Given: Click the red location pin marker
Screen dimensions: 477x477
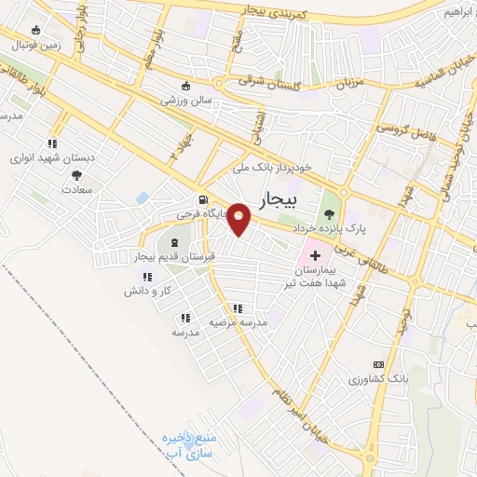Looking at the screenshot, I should coord(239,218).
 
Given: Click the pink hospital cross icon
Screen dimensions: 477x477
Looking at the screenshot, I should coord(314,253).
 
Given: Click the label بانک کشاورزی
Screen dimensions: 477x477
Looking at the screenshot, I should coord(378,380).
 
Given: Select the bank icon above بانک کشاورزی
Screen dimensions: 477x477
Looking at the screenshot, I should coord(377,364).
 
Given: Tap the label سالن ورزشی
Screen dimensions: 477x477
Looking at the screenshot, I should coord(187,99).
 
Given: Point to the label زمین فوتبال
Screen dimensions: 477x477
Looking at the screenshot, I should coord(36,44).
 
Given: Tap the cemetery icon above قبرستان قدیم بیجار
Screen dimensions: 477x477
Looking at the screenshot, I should coord(174,242).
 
